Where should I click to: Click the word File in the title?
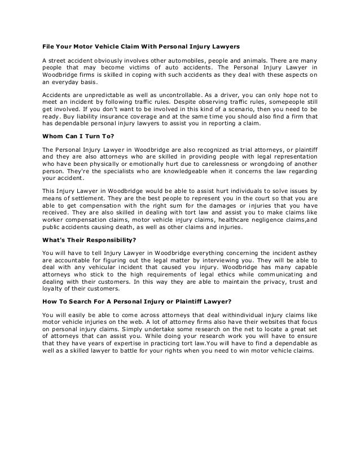coord(50,45)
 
